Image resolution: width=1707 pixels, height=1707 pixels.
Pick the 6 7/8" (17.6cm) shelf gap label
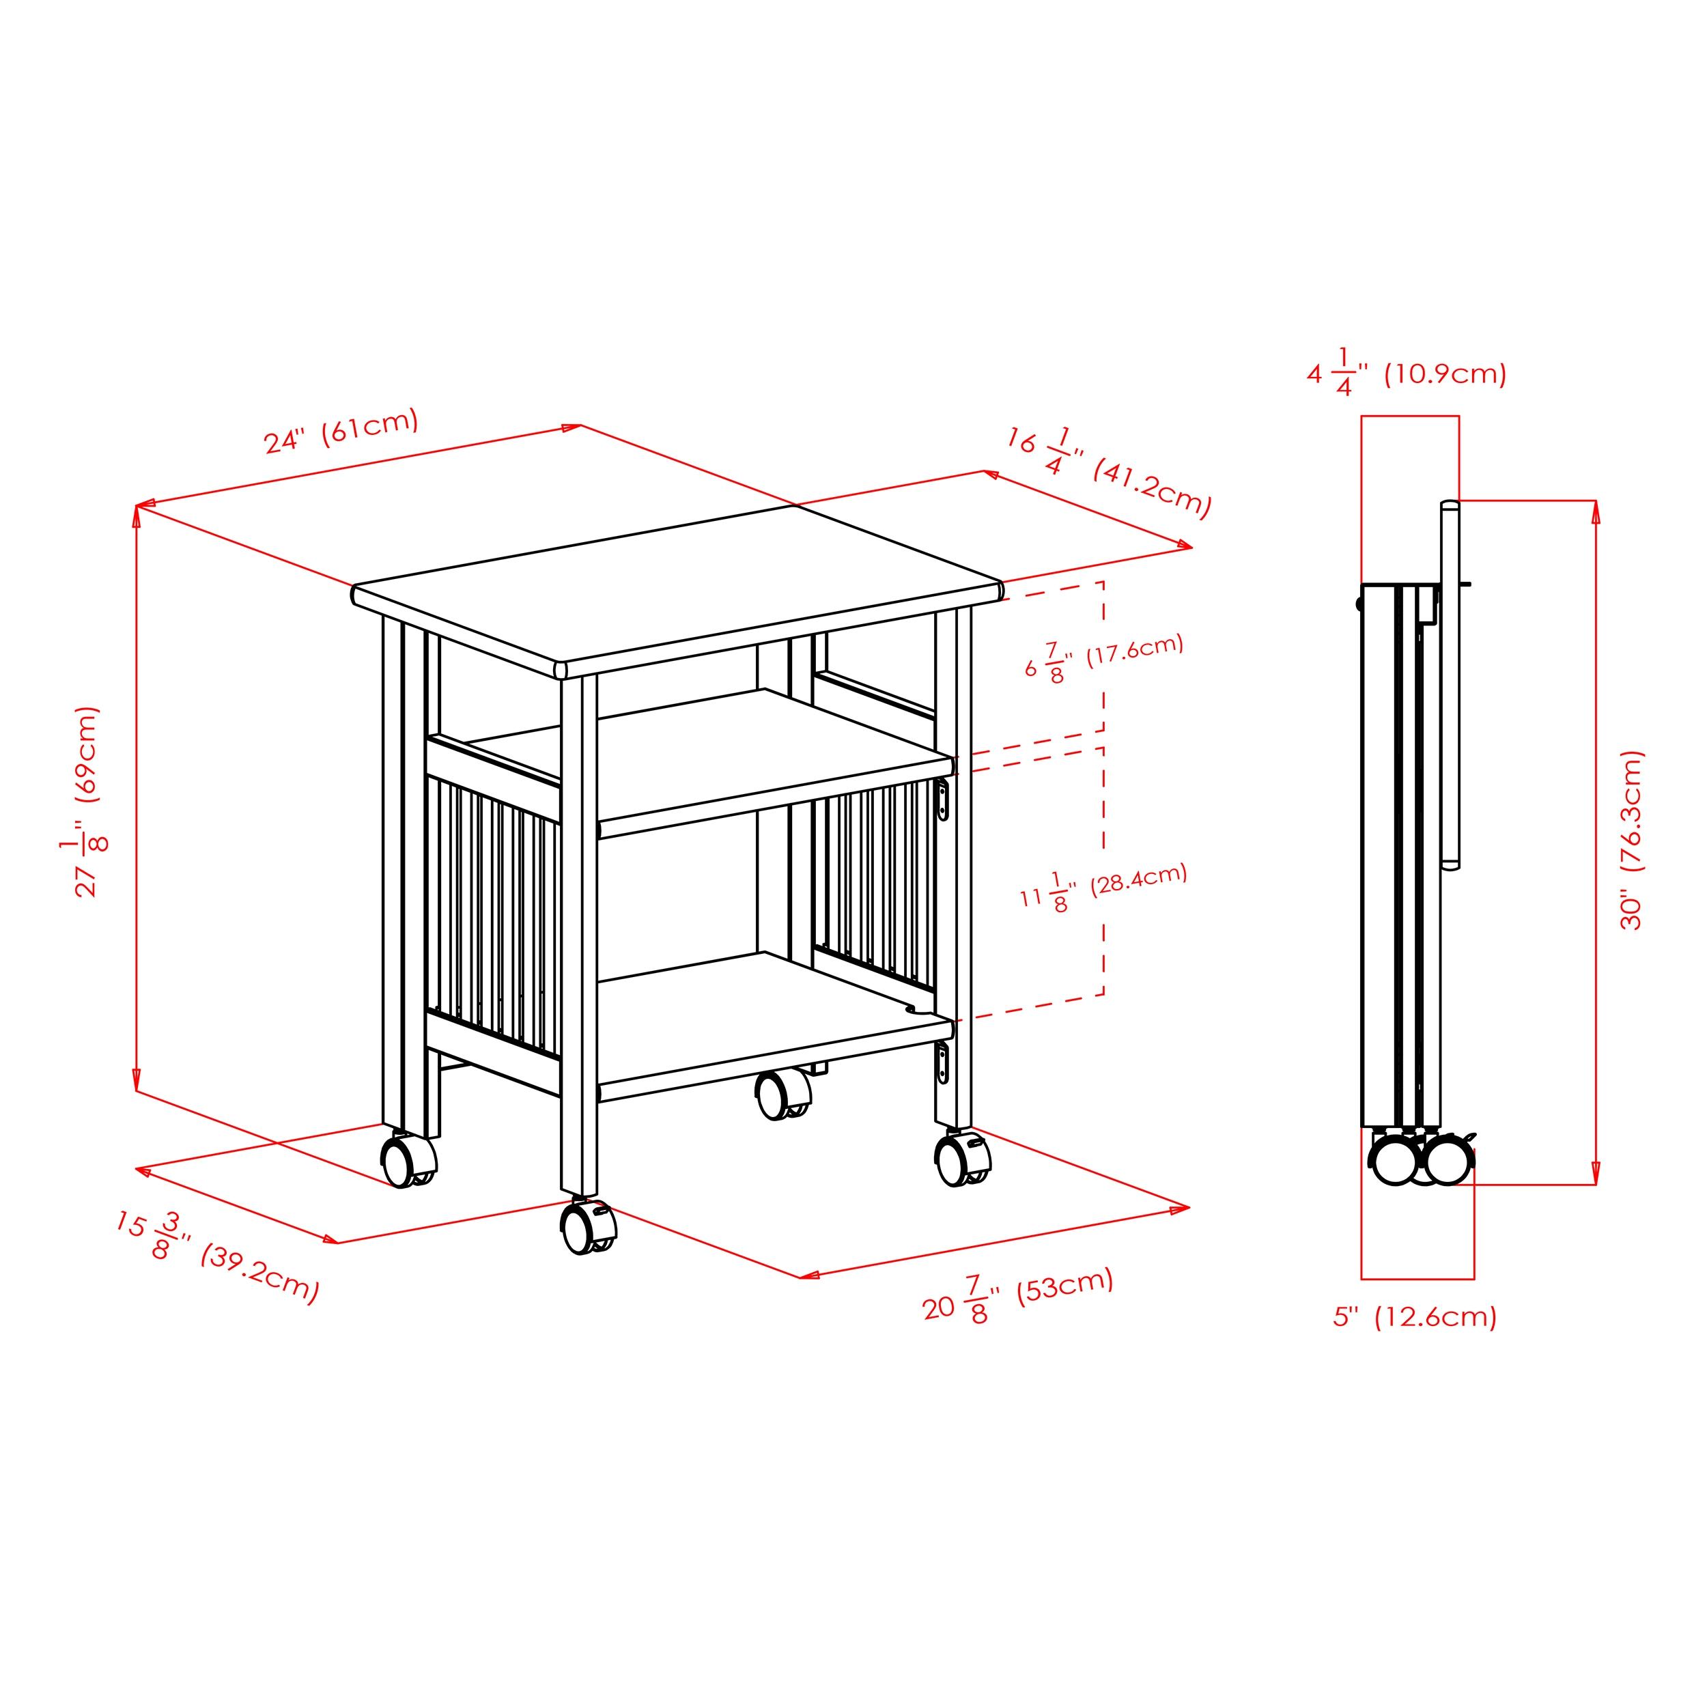[x=1103, y=658]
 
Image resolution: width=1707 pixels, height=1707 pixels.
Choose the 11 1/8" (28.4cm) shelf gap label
[x=1103, y=887]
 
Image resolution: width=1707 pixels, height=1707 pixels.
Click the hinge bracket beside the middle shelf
[x=944, y=800]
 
